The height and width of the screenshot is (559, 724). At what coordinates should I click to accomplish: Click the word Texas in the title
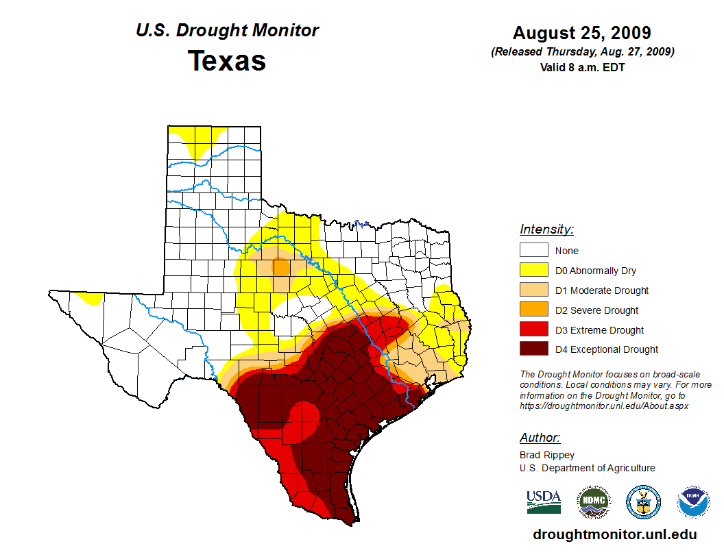pos(227,61)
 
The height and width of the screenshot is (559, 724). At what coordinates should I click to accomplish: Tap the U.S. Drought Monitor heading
pos(227,31)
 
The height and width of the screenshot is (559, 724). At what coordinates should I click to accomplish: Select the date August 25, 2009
pos(581,32)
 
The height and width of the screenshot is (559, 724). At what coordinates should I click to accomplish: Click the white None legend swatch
pos(533,251)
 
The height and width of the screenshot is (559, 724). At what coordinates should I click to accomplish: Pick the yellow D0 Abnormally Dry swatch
pos(533,271)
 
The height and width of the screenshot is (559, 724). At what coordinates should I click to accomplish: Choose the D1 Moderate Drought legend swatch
pos(533,290)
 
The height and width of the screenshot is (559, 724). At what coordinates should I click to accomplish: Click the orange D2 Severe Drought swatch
pos(533,310)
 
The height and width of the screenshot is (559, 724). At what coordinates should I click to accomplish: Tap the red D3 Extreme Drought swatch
pos(533,330)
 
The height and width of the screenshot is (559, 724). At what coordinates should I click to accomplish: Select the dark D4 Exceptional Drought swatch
pos(533,349)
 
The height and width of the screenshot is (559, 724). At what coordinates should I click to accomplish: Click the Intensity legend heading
pos(546,229)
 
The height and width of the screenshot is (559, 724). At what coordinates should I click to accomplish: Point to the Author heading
pos(540,438)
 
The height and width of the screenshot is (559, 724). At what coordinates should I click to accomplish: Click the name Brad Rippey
pos(547,455)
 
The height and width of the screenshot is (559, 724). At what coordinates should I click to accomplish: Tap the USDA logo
pos(544,501)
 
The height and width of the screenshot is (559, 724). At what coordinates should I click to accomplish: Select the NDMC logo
pos(594,502)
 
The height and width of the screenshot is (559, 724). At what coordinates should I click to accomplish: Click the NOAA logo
pos(693,502)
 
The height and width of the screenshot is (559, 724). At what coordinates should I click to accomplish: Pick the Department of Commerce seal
pos(644,502)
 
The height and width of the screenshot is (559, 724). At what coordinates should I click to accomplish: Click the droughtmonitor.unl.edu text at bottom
pos(614,535)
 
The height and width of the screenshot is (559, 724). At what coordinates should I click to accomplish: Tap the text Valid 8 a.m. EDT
pos(582,67)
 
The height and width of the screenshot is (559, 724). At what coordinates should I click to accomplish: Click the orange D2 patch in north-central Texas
pos(281,266)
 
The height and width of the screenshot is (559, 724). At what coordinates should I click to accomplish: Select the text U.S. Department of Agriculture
pos(587,468)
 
